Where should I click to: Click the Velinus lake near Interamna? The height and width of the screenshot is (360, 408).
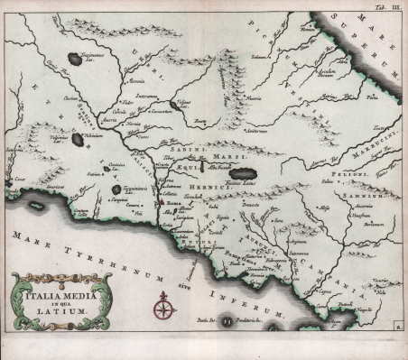(x=183, y=103)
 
